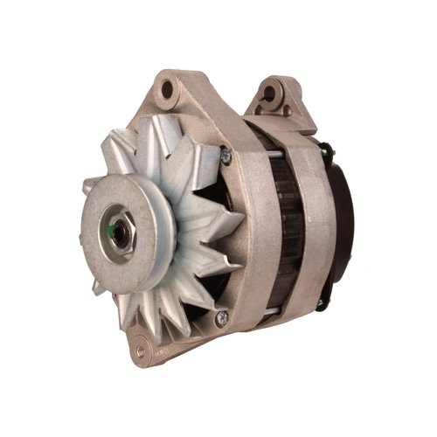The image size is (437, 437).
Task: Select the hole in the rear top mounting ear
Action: click(270, 92)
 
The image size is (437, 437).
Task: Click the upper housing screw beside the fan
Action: click(225, 156)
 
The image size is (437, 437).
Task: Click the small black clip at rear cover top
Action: click(326, 148)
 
